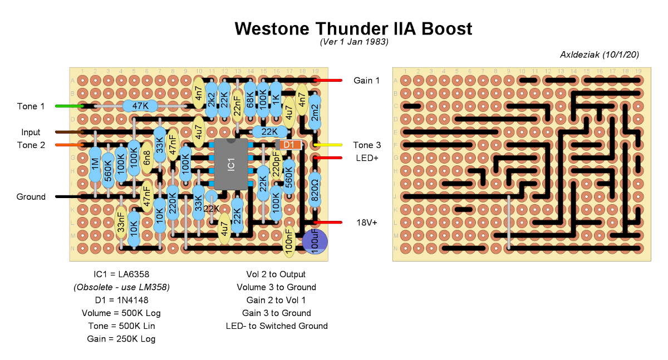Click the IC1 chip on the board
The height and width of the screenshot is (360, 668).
[232, 164]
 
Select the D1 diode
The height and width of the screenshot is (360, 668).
[288, 145]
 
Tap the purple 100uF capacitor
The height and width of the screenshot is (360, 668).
[315, 242]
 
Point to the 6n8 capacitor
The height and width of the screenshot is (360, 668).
[147, 158]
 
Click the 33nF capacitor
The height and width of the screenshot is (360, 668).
[121, 222]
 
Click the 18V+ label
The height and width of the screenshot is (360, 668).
[366, 223]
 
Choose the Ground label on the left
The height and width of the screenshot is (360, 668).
[31, 197]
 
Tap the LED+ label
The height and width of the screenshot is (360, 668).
[366, 158]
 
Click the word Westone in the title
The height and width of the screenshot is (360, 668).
[274, 28]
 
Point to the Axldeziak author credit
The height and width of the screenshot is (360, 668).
[599, 55]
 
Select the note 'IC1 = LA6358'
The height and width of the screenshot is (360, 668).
[121, 274]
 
